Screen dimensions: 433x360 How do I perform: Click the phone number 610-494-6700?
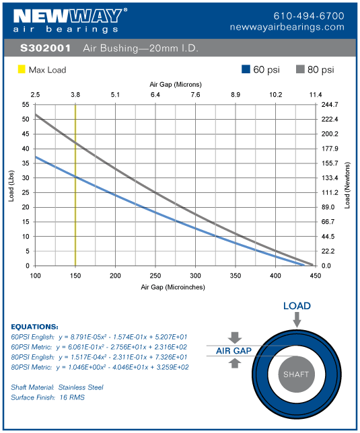309,15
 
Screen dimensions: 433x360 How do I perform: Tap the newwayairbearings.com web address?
296,28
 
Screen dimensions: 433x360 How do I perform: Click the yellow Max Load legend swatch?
21,69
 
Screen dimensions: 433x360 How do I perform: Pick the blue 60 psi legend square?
246,69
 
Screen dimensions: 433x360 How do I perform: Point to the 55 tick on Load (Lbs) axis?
26,105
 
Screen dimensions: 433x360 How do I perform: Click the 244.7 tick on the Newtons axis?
330,105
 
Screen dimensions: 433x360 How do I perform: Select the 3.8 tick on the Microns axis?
75,95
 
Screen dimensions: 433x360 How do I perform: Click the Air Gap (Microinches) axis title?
173,287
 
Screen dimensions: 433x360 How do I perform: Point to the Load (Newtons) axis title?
348,185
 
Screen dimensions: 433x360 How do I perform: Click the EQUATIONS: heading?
34,327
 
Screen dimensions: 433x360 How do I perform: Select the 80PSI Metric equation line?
100,367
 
